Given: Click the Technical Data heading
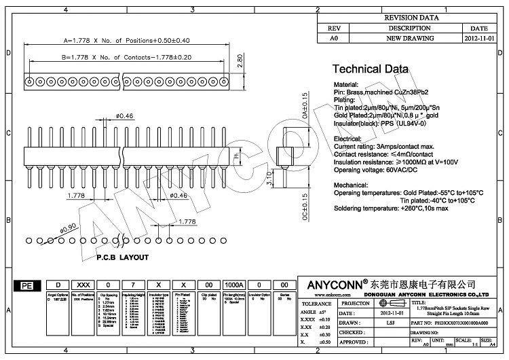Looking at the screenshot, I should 370,69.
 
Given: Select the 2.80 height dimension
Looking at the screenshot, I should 240,60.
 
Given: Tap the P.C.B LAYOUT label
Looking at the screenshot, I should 122,257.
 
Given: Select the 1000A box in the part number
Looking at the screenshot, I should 233,286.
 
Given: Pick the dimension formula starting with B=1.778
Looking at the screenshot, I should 117,58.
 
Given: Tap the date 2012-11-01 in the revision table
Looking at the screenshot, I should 480,39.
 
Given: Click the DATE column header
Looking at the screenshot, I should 480,29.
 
